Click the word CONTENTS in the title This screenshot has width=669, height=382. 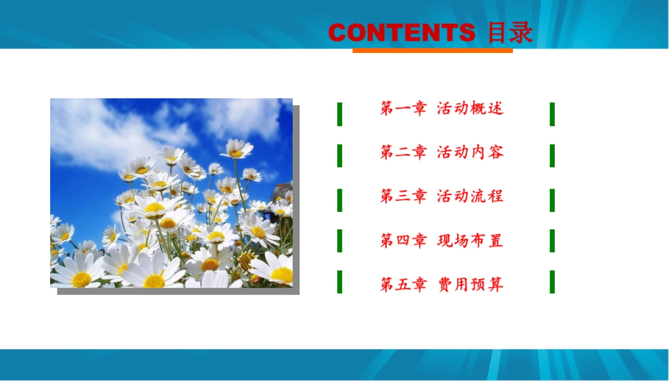[x=401, y=33]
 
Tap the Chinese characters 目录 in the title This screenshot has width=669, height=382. [x=510, y=33]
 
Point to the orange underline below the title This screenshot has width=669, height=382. [x=432, y=51]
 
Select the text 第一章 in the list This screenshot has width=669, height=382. [x=403, y=108]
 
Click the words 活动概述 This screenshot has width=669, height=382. [x=470, y=108]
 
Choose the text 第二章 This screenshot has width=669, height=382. [x=403, y=152]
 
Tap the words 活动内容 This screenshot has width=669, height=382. [x=470, y=152]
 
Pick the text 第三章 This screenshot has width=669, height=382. [x=403, y=196]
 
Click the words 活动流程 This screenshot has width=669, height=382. [x=470, y=196]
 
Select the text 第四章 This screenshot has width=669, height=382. [x=403, y=241]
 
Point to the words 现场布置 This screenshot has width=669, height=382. [x=470, y=241]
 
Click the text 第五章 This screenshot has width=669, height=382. [x=403, y=285]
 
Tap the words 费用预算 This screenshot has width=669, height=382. [x=470, y=285]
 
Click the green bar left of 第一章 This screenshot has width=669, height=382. [x=340, y=114]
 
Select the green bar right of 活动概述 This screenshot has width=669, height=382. [x=552, y=114]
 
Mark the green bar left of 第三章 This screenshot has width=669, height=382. [x=340, y=200]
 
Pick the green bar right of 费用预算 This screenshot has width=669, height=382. [x=552, y=282]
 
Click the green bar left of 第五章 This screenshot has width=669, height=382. [x=340, y=282]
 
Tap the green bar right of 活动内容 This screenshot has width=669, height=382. [x=552, y=156]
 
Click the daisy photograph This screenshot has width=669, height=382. [x=171, y=193]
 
